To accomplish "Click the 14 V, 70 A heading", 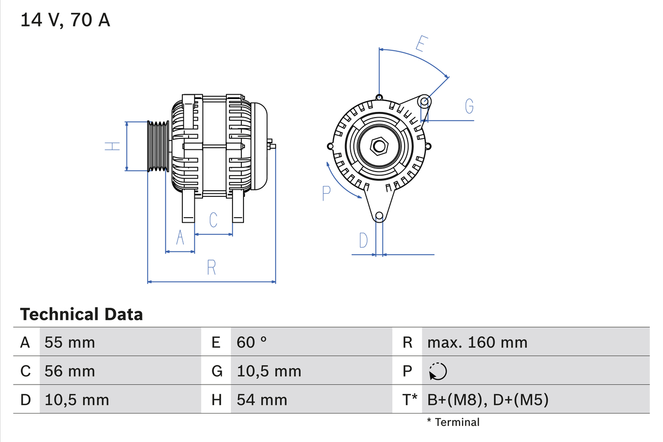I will coord(65,20).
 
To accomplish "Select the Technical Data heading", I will coord(81,314).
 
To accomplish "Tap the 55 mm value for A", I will coord(70,342).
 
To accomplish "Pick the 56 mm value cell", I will coord(70,371).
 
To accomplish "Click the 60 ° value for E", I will coord(252,342).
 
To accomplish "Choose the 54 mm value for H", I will coord(262,400).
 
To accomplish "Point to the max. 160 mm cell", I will coord(477,342).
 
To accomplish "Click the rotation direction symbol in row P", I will coord(438,372).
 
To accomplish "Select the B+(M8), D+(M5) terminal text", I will coord(487,400).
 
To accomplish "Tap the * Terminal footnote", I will coord(453,422).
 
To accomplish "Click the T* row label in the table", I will coord(410,400).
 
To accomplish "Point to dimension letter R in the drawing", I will coord(211,268).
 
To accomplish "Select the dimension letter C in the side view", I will coord(213,220).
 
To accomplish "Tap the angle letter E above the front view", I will coord(421,45).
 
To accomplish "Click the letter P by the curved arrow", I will coord(326,193).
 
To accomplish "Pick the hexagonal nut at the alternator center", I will coord(379,146).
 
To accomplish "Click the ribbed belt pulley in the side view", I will coord(158,147).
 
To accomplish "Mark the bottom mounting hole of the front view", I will coord(379,216).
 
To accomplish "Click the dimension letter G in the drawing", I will coord(469,106).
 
